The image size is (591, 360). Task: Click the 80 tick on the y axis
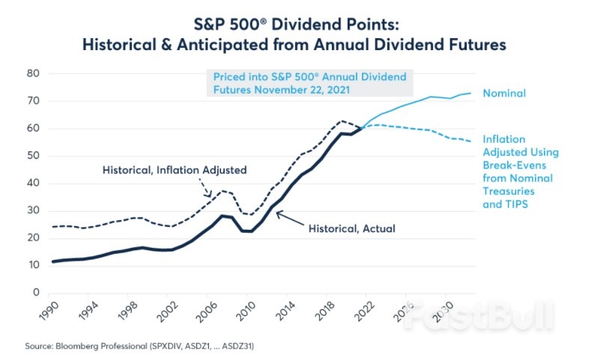coord(33,73)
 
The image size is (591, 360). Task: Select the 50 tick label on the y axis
coord(33,156)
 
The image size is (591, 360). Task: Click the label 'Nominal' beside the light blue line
coord(503,94)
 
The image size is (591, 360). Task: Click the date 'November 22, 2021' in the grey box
coord(295,88)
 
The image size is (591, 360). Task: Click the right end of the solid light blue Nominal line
coord(470,94)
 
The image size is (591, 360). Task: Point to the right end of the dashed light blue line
coord(470,141)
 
